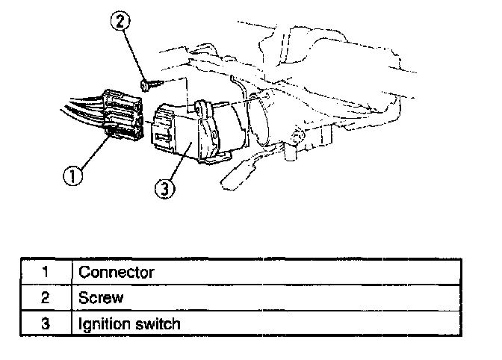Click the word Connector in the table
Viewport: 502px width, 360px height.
(116, 272)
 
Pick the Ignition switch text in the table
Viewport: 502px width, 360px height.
(129, 323)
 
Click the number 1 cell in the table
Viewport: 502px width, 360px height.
(45, 272)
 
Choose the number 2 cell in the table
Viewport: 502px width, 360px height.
(45, 297)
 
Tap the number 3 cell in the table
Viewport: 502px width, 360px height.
(45, 323)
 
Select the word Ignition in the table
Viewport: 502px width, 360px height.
(103, 323)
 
